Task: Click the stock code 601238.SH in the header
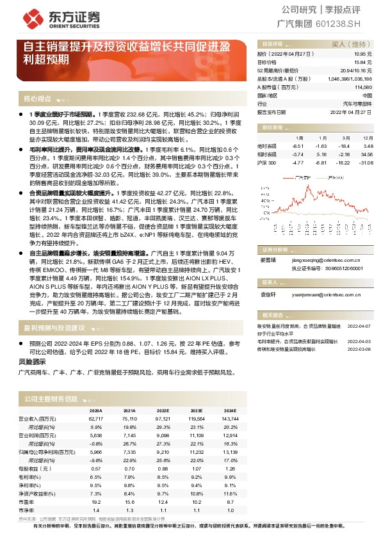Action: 352,24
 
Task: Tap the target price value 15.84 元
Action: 363,62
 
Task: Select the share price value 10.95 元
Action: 363,54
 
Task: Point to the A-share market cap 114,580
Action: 363,86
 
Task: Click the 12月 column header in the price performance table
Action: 368,138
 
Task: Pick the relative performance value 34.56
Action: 366,154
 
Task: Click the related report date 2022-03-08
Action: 359,349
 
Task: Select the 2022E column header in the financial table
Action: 163,410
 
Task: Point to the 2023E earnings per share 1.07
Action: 196,469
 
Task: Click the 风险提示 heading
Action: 33,362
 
